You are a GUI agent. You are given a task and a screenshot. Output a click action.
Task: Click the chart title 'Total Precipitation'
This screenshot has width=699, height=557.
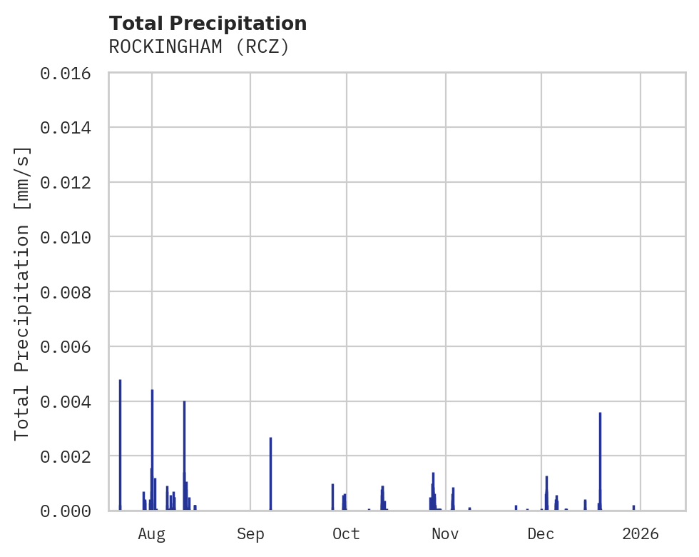point(208,24)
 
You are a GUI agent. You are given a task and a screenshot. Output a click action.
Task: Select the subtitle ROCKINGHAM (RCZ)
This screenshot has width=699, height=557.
point(198,47)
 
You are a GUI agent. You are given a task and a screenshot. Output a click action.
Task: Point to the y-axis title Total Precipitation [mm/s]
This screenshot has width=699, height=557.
point(22,292)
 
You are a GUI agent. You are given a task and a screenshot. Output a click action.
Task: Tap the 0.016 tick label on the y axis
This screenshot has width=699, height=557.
point(70,73)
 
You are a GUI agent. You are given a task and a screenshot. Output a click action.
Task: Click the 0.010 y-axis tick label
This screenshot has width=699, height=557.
point(70,237)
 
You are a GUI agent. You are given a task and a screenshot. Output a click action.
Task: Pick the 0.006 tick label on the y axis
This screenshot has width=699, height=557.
point(70,347)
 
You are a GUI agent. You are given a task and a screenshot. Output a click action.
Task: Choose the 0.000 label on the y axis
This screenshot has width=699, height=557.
point(70,511)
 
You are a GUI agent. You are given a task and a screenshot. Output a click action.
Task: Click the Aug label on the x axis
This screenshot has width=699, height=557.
point(151,533)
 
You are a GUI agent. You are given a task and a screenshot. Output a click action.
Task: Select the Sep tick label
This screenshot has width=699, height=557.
point(250,533)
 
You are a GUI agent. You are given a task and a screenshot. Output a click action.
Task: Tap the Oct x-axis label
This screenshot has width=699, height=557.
point(346,533)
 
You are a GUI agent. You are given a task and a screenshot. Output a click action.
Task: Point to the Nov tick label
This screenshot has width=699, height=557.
point(445,533)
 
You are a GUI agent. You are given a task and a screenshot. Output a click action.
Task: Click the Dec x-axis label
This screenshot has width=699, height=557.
point(541,533)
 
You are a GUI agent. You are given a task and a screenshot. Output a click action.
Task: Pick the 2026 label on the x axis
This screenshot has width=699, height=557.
point(640,533)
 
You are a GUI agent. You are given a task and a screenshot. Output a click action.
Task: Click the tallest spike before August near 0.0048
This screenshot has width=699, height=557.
point(120,443)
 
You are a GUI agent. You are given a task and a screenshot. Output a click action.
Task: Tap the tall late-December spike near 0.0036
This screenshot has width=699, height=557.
point(600,461)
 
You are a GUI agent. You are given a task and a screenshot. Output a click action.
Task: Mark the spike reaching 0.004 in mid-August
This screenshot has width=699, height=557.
point(184,453)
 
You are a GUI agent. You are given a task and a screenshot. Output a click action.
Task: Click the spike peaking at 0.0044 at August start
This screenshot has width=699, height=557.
point(152,446)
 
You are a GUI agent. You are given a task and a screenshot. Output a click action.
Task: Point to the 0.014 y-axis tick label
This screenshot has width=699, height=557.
point(70,128)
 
